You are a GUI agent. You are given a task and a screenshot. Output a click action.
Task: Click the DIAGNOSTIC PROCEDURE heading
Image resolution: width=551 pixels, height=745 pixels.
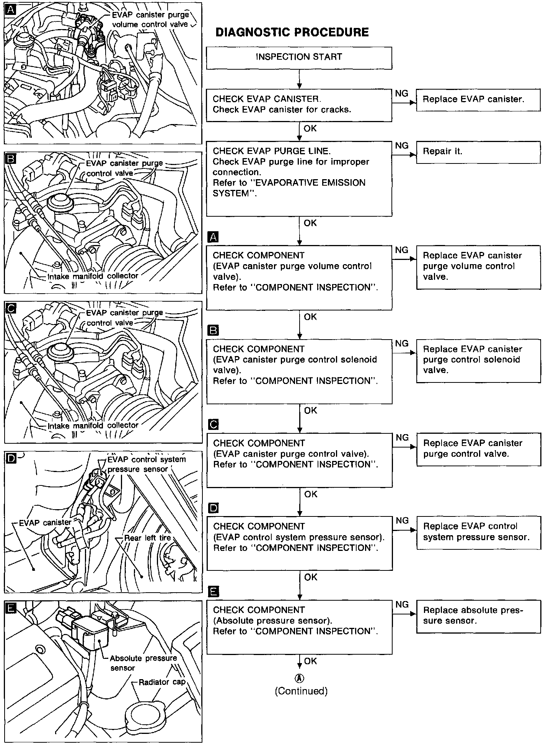coord(292,32)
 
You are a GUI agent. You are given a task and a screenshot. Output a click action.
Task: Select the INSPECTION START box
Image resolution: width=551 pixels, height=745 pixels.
coord(299,58)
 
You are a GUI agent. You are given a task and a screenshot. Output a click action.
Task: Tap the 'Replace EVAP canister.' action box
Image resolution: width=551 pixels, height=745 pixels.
coord(478,100)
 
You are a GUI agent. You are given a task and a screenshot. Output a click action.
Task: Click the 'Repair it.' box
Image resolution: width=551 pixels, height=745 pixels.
coord(478,152)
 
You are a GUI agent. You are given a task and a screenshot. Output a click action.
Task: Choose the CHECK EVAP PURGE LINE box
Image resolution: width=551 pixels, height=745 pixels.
coord(299,178)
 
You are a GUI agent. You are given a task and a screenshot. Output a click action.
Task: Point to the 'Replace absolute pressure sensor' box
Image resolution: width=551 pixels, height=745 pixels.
coord(478,616)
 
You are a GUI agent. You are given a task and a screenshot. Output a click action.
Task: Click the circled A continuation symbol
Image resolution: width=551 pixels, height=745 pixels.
coord(300,678)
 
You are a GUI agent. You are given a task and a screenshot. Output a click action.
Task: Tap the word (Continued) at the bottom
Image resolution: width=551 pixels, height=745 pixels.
coord(301,691)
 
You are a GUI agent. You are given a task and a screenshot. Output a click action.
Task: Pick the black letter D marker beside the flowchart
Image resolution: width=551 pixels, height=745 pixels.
coord(213,508)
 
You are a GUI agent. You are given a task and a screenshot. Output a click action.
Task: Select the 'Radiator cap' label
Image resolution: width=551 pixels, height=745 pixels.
coord(161,682)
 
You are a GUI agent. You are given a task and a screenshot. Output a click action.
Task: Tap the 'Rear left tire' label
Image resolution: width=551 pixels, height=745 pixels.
coord(147,538)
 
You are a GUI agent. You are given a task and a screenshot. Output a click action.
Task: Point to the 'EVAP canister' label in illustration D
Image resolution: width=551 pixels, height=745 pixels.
coord(45,523)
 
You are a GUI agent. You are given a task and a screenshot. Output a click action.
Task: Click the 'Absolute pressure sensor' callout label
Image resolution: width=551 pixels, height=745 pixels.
coord(143,663)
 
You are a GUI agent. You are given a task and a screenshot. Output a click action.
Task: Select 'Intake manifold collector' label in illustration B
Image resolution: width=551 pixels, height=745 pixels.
coord(93,276)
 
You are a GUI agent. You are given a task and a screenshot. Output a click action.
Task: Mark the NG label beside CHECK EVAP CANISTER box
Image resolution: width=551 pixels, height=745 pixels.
coord(401,93)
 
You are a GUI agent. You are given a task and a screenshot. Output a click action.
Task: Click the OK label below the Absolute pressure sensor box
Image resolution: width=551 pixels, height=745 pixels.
coord(310,661)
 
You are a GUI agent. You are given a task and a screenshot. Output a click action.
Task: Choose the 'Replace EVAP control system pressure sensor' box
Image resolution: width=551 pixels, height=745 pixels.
coord(478,533)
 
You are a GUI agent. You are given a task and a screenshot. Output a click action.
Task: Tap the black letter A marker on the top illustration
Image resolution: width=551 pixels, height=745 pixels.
coord(10,10)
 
